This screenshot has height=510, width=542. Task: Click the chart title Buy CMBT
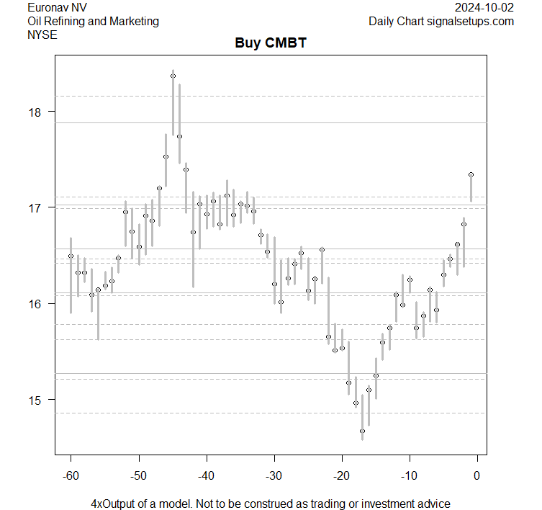click(x=271, y=43)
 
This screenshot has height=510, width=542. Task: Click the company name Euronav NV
click(x=58, y=7)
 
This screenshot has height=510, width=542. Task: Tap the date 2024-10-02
click(x=485, y=7)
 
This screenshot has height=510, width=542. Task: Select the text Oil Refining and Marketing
click(x=92, y=21)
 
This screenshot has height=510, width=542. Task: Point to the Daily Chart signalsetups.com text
click(x=441, y=21)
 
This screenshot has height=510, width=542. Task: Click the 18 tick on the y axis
click(x=35, y=112)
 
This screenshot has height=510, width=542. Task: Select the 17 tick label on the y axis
click(x=35, y=207)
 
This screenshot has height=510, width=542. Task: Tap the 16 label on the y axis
click(x=35, y=303)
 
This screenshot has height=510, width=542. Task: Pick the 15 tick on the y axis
click(x=35, y=400)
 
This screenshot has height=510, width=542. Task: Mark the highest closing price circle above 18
click(x=173, y=76)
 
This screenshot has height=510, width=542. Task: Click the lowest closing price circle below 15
click(x=362, y=431)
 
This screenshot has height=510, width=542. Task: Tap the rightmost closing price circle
click(x=471, y=174)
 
